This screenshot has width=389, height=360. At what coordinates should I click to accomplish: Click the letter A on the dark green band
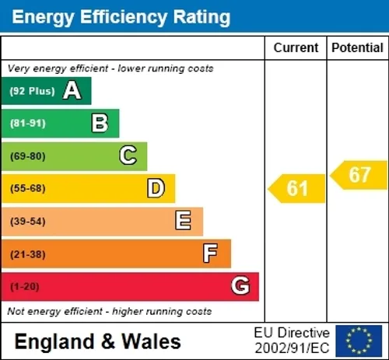(x=72, y=90)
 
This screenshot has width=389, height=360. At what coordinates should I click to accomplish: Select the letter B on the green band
(x=100, y=123)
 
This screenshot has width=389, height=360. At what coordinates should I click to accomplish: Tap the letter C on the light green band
(x=128, y=156)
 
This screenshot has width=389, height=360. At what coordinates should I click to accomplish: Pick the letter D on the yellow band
(x=156, y=188)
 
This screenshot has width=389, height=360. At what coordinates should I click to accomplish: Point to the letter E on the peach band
(x=184, y=220)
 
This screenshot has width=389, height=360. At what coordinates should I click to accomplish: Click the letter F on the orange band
(x=210, y=253)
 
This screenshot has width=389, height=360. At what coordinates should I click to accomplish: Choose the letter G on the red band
(x=240, y=285)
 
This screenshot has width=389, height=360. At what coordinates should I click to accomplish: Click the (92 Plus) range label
(x=32, y=91)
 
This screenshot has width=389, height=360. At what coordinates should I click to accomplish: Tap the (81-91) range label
(x=28, y=123)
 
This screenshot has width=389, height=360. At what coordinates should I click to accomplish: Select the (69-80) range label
(x=28, y=156)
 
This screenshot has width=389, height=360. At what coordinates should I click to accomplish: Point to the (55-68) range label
(x=28, y=188)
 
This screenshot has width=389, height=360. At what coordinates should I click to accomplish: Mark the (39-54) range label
(x=28, y=222)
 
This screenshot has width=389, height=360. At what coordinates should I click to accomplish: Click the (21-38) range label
(x=28, y=254)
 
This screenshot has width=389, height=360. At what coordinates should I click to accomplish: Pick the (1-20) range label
(x=25, y=287)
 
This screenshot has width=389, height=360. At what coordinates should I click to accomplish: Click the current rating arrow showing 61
(x=296, y=188)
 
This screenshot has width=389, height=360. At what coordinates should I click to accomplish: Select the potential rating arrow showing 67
(x=359, y=175)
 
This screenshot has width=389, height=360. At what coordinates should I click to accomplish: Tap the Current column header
(x=296, y=47)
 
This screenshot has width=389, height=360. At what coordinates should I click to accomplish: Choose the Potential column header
(x=357, y=47)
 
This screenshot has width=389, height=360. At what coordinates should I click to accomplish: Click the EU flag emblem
(x=359, y=341)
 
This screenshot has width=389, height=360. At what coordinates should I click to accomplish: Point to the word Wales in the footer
(x=151, y=341)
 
